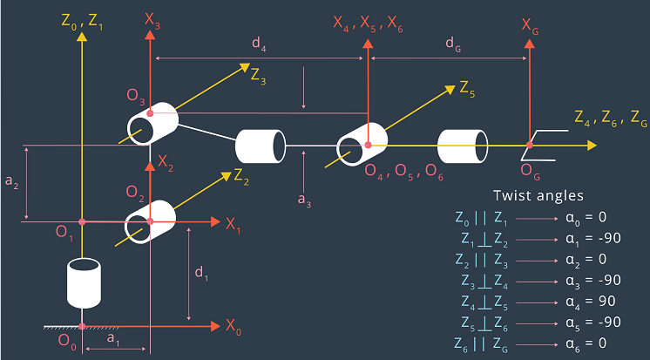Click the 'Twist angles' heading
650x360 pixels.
(538, 196)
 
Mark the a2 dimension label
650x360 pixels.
(11, 182)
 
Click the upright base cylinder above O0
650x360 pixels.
(84, 283)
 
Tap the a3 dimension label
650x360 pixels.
(304, 200)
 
